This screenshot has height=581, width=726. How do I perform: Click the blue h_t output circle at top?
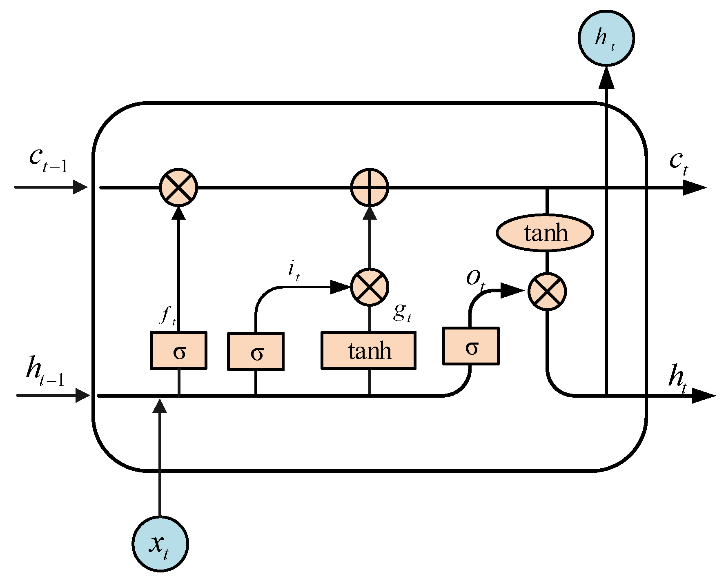pyautogui.click(x=606, y=38)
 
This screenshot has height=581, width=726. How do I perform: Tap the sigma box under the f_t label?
pyautogui.click(x=178, y=351)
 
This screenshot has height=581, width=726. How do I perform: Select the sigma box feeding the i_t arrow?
pyautogui.click(x=256, y=352)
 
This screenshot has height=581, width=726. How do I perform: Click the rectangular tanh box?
pyautogui.click(x=369, y=351)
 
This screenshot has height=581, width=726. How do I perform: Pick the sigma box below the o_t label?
pyautogui.click(x=471, y=346)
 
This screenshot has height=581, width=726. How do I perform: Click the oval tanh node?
pyautogui.click(x=545, y=233)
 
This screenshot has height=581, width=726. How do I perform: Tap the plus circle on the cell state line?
pyautogui.click(x=370, y=188)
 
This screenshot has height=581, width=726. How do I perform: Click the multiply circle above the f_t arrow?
pyautogui.click(x=178, y=187)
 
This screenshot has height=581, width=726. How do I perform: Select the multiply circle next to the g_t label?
pyautogui.click(x=370, y=287)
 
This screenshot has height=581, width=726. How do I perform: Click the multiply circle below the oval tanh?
pyautogui.click(x=547, y=292)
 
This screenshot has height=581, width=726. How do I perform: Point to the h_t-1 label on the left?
pyautogui.click(x=45, y=371)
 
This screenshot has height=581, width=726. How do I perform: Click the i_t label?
pyautogui.click(x=294, y=271)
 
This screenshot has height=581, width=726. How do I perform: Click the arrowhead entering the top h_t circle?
pyautogui.click(x=606, y=78)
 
